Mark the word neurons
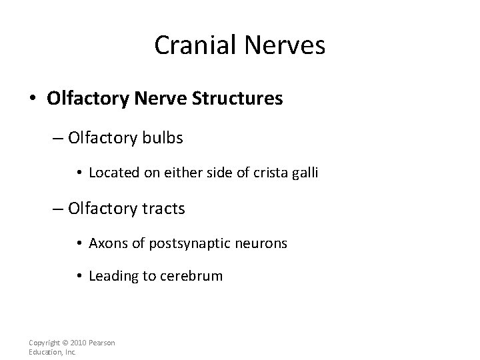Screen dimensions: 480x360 click(x=265, y=243)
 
